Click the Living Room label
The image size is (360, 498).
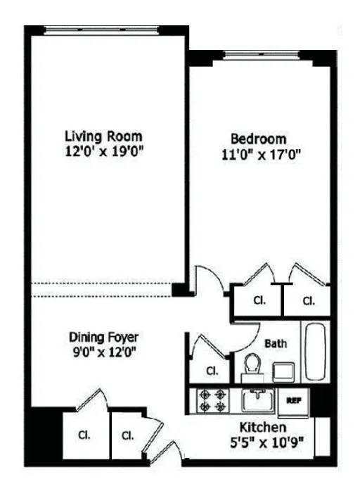103,136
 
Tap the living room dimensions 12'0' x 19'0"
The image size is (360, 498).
103,151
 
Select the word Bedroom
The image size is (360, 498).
258,139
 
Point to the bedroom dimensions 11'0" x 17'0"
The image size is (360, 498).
261,155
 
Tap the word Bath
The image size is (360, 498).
274,344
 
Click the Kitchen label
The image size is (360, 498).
263,427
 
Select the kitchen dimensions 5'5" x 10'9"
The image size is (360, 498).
263,443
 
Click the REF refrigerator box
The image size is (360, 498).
293,400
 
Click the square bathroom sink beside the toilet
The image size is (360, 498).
283,371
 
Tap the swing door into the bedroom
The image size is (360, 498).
206,280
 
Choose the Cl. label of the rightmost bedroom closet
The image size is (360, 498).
308,300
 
